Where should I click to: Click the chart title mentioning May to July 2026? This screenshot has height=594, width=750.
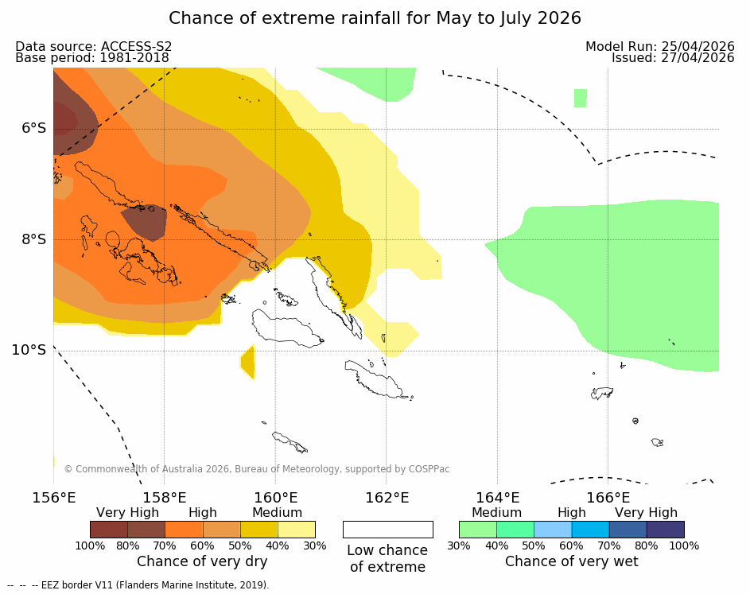375,18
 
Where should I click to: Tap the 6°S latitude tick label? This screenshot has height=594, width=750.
33,128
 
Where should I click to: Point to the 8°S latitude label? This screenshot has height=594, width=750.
33,239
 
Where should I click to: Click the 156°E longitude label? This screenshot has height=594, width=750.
53,498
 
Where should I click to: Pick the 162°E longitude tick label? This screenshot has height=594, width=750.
387,498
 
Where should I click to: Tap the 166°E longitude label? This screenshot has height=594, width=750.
608,498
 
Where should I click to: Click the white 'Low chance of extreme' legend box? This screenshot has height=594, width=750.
387,530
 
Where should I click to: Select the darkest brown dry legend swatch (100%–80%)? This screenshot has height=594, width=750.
109,530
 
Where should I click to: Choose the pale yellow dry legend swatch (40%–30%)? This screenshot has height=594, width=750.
296,530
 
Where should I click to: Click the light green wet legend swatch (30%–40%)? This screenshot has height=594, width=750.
478,530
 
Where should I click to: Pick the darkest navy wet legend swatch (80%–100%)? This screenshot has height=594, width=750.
665,530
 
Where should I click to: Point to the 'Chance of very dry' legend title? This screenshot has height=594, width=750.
202,561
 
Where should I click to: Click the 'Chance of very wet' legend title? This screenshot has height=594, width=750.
571,561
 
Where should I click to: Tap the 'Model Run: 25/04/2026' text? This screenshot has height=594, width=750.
659,47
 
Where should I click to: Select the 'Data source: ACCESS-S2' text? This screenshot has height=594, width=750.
93,47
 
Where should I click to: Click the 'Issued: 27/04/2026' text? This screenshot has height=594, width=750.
673,58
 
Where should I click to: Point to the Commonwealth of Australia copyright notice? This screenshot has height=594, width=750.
256,469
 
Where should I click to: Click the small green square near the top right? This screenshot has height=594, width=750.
581,98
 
